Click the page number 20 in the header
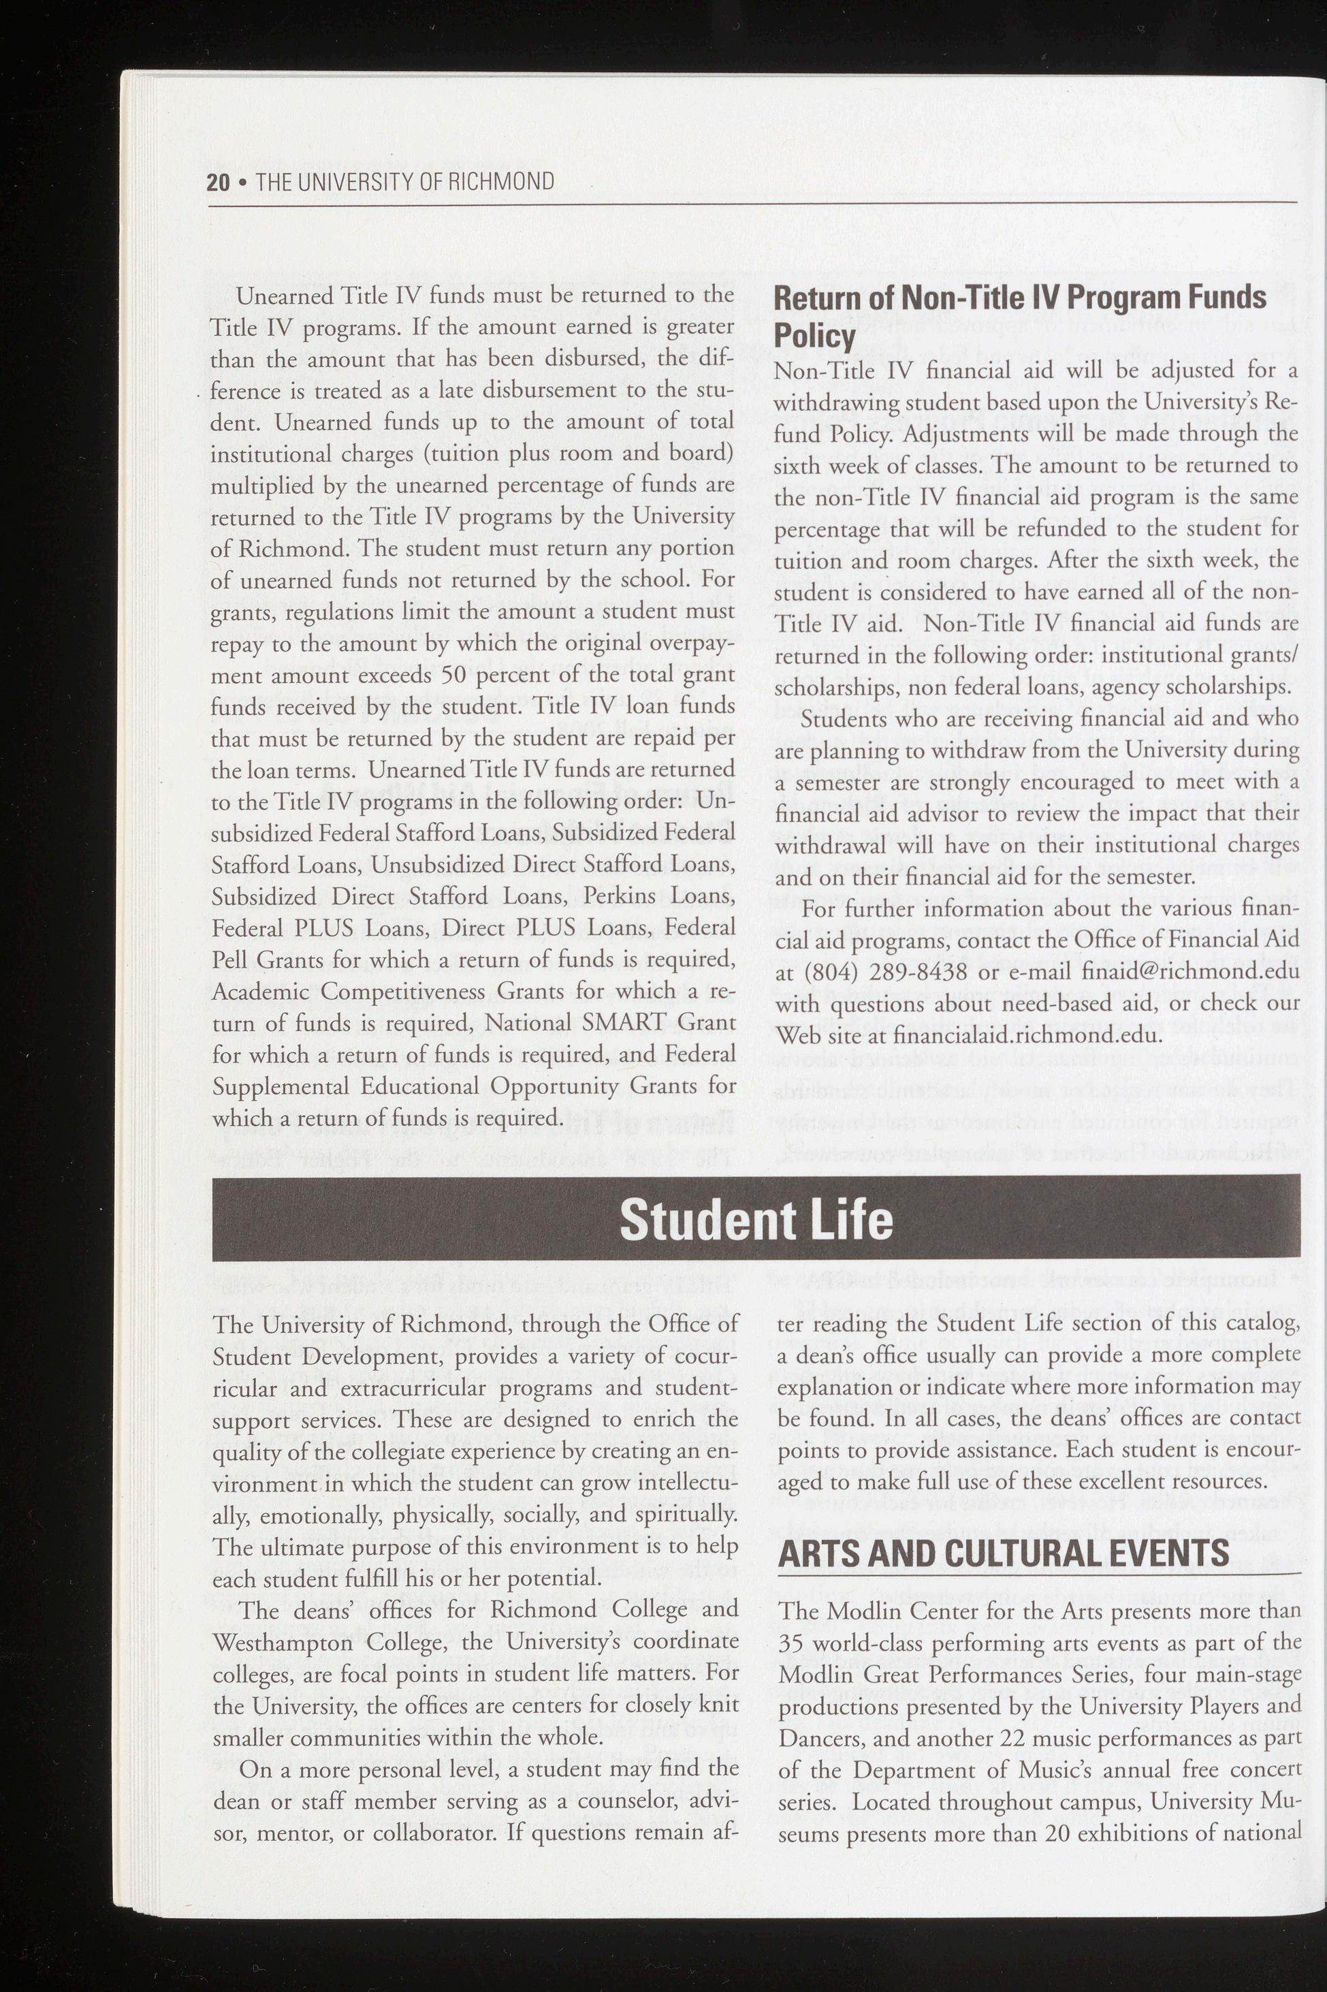217,181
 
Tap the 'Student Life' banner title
756,1220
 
